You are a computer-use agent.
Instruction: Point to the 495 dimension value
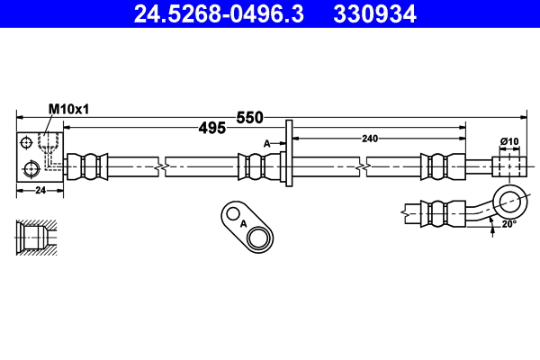(x=211, y=129)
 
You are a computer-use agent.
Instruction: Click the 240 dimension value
(x=370, y=138)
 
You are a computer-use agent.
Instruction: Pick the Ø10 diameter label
(x=509, y=141)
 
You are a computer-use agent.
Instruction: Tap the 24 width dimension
(x=40, y=190)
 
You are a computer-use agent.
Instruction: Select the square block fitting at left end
(x=40, y=158)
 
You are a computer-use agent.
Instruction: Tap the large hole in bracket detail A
(x=259, y=238)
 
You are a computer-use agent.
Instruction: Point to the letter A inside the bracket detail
(x=243, y=224)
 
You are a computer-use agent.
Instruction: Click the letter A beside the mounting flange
(x=266, y=143)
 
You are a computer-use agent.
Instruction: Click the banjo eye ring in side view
(x=511, y=199)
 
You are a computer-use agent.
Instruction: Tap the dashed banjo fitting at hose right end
(x=508, y=166)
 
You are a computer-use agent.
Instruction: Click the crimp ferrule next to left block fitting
(x=89, y=166)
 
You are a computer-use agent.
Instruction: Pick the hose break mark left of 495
(x=159, y=166)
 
